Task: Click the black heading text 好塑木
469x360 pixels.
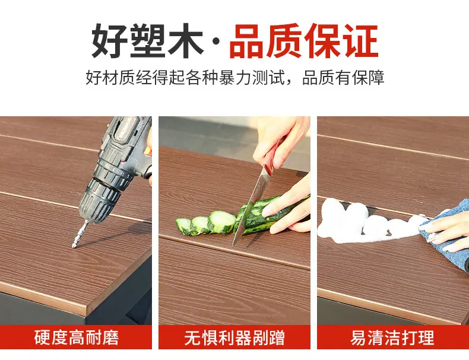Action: (147, 41)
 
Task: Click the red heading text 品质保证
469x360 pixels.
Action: (304, 41)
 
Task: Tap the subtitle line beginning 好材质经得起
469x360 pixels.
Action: (235, 78)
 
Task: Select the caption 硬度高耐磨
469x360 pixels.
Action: (76, 337)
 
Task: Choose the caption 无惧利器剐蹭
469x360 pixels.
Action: (235, 337)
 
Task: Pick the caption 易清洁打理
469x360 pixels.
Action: (392, 337)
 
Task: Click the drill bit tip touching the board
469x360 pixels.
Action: (73, 247)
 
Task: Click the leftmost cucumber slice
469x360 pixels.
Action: (184, 226)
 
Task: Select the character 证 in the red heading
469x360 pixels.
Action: (360, 41)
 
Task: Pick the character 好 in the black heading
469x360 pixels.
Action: (109, 41)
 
